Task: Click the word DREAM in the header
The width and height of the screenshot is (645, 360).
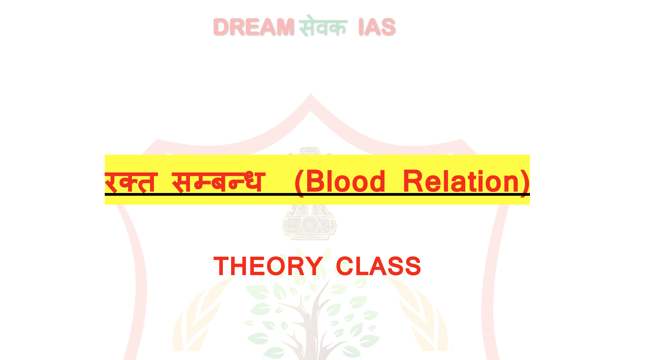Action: point(254,27)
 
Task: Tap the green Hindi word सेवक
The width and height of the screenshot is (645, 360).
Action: point(323,26)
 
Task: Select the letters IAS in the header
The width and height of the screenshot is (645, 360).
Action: point(377,27)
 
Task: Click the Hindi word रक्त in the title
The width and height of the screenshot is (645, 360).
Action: point(131,181)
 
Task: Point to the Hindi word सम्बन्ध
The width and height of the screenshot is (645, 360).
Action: point(218,181)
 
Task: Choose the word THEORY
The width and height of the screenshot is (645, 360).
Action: point(268,266)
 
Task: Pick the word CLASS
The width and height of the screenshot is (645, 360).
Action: point(378,266)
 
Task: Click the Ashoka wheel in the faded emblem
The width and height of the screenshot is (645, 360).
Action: point(309,225)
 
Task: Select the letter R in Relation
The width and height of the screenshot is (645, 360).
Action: point(413,181)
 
